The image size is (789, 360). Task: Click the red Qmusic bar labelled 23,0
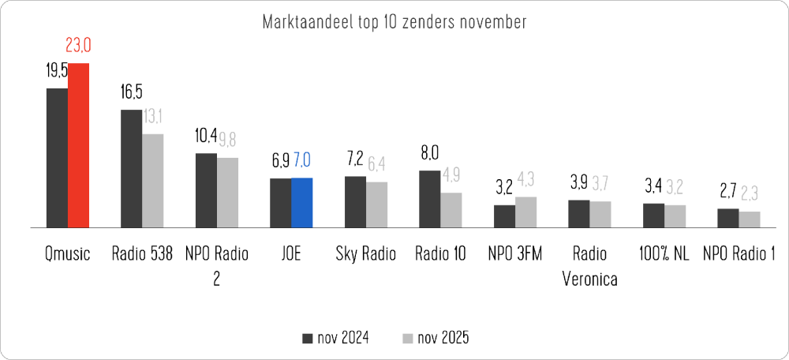tap(78, 145)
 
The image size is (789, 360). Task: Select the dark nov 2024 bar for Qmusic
tap(57, 158)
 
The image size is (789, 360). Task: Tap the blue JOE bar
tap(301, 202)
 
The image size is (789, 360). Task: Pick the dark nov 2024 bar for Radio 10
tap(429, 198)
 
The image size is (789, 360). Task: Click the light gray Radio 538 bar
tap(152, 181)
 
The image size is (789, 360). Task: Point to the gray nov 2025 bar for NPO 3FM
tap(525, 212)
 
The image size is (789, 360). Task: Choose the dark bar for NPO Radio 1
tap(727, 218)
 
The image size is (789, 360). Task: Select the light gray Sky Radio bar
tap(376, 204)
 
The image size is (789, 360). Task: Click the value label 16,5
tap(131, 93)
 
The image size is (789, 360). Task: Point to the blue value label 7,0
tap(302, 162)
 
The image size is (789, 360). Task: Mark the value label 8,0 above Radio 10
tap(429, 153)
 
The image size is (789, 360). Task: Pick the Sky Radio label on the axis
tap(365, 254)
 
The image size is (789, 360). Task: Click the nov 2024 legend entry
tap(335, 338)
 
